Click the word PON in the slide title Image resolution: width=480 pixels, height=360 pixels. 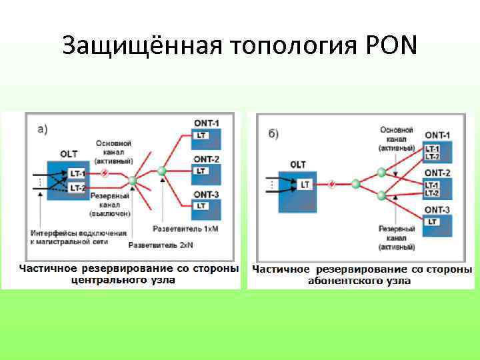click(391, 45)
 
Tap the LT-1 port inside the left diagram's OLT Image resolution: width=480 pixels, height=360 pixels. click(77, 173)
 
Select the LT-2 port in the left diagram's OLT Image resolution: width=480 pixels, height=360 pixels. click(77, 188)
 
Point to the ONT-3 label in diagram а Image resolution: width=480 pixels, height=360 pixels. click(205, 194)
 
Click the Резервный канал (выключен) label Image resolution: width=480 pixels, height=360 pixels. click(111, 204)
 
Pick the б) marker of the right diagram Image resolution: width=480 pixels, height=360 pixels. click(273, 134)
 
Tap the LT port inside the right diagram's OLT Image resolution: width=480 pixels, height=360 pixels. click(305, 184)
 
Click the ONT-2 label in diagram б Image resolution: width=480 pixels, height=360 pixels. click(437, 173)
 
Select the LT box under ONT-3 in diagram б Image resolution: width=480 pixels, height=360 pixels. click(432, 221)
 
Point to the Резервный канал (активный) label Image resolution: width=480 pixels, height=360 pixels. click(397, 237)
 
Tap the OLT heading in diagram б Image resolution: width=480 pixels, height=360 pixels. click(298, 164)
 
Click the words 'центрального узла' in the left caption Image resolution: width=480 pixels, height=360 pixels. click(124, 281)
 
